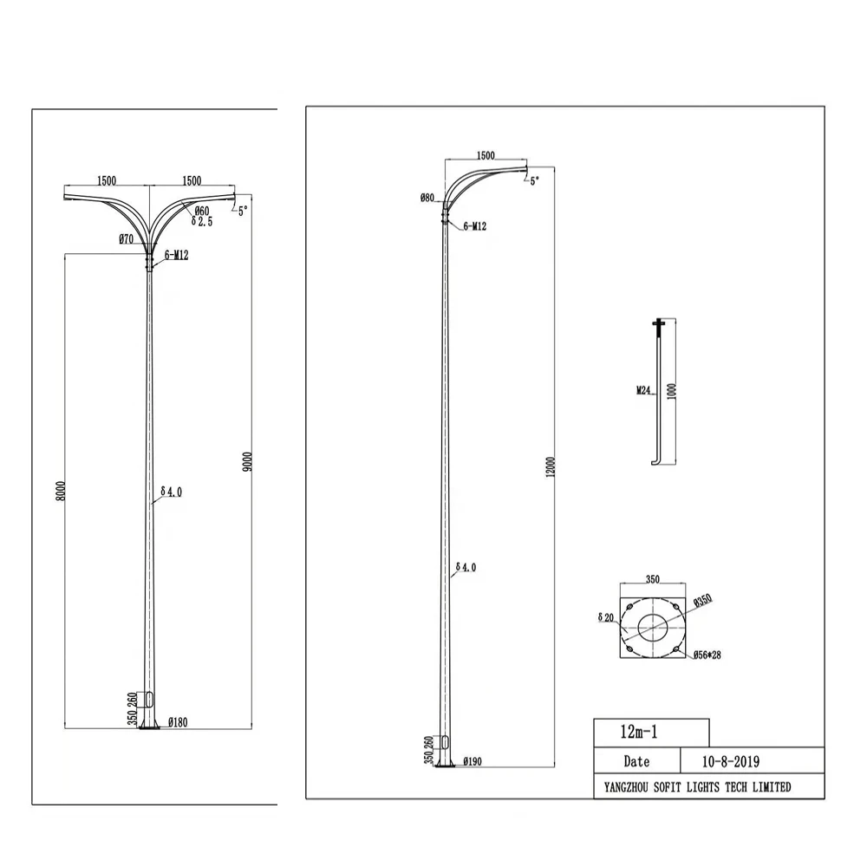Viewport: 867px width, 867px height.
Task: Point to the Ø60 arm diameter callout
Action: click(x=200, y=211)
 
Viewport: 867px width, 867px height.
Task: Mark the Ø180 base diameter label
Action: click(x=178, y=721)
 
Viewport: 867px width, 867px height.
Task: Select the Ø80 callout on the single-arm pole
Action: click(x=427, y=198)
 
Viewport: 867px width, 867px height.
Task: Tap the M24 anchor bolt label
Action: click(x=643, y=390)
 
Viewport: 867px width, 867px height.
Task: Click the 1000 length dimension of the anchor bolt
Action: click(x=672, y=390)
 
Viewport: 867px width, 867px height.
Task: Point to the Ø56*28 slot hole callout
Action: click(x=707, y=655)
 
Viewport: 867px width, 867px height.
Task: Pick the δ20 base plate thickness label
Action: click(x=606, y=617)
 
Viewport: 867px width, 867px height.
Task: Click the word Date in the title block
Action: click(x=636, y=761)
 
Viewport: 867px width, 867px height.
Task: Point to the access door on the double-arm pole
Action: click(x=150, y=699)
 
